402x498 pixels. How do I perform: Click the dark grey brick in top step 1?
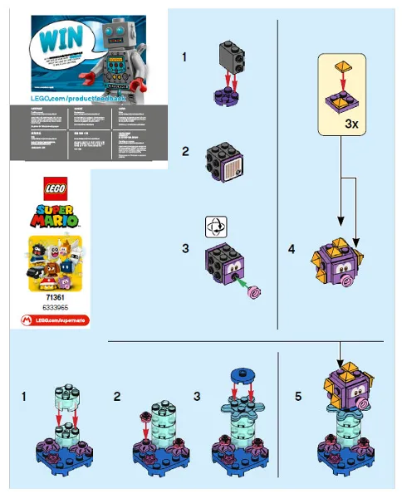(x=232, y=54)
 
